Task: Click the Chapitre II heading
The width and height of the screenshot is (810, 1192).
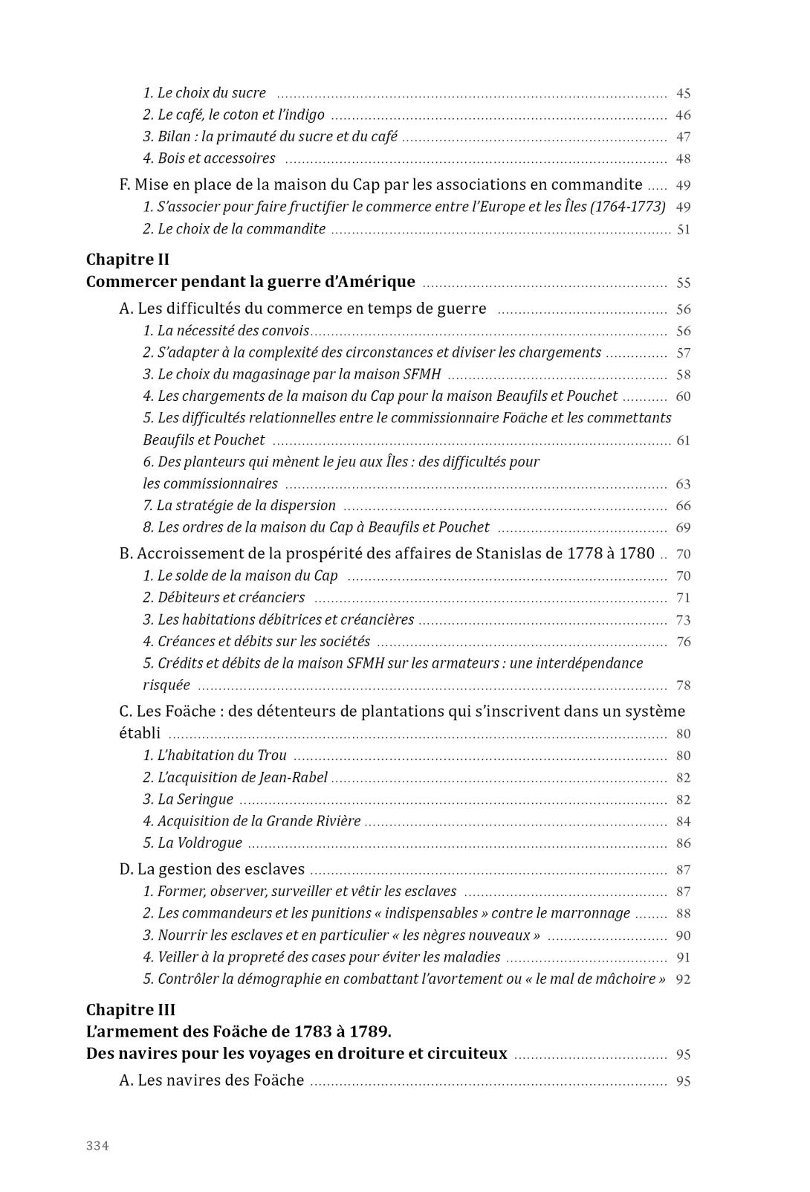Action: pos(128,260)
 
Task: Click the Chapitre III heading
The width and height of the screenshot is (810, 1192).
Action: pos(131,1010)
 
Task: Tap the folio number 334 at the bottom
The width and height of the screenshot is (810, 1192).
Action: pos(97,1146)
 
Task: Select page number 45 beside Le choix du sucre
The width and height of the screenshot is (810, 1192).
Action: pos(683,94)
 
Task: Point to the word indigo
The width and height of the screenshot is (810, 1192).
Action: pos(305,115)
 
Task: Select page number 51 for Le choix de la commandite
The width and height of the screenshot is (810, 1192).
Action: pos(683,230)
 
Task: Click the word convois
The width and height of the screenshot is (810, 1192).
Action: pos(285,331)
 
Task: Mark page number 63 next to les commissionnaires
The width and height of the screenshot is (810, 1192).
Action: pos(683,484)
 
